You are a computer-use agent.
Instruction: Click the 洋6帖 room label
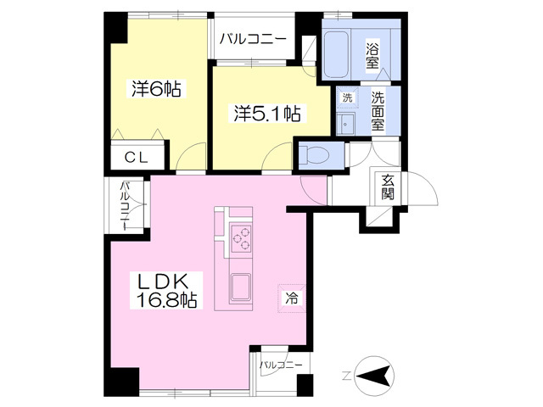(x=156, y=88)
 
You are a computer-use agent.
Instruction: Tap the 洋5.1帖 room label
(x=267, y=113)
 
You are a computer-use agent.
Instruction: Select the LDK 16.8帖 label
(x=166, y=290)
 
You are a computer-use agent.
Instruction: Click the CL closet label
(x=137, y=158)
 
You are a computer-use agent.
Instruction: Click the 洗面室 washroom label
(x=378, y=111)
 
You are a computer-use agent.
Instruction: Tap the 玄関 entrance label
(x=388, y=187)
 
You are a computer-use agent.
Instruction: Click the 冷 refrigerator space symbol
(x=292, y=298)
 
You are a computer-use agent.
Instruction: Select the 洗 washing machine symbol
(x=347, y=98)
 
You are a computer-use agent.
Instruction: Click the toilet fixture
(x=314, y=154)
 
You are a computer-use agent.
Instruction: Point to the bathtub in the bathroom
(x=335, y=55)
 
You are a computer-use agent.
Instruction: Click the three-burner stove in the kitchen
(x=241, y=238)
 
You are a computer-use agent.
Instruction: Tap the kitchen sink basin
(x=241, y=287)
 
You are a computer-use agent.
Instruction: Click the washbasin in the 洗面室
(x=345, y=124)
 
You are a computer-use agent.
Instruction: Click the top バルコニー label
(x=253, y=38)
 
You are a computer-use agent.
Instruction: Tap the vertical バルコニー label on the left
(x=125, y=207)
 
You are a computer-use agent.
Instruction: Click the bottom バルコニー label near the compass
(x=281, y=365)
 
